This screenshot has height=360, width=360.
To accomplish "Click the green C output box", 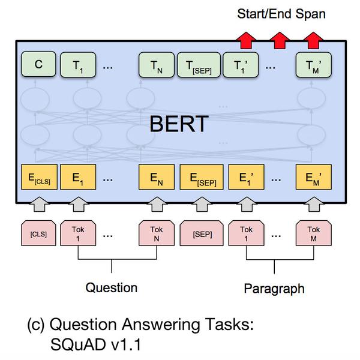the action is pos(38,64).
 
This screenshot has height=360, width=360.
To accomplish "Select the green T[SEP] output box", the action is pos(199,65).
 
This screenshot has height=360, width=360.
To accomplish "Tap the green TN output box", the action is pos(157,65).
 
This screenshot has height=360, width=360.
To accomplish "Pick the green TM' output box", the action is pos(314,65).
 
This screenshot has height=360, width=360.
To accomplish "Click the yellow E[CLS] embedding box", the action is pos(39,177).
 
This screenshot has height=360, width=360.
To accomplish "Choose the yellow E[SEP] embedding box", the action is pos(202,177).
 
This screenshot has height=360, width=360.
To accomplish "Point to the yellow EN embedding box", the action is pos(157,177).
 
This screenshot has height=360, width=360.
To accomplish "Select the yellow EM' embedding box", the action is pos(314,177).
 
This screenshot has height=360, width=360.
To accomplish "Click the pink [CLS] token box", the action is pos(38,233).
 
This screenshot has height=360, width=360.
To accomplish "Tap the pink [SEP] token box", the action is pos(202,233).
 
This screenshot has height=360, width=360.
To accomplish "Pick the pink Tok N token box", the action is pos(157,233).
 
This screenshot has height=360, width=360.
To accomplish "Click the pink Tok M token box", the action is pos(314,233).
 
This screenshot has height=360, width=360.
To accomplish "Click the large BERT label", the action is pos(179,124).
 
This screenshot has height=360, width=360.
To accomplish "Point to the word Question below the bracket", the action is pos(112,288).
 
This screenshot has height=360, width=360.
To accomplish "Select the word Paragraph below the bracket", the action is pos(274,289).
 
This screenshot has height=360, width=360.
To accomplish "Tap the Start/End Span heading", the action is pos(281,14).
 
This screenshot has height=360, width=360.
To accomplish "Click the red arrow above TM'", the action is pos(313,40).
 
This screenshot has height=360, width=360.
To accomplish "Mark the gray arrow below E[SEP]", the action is pos(202,204).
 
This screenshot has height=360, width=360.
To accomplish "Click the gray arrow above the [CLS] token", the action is pos(40,204).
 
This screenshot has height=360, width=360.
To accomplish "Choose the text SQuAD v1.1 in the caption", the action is pos(95,344).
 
